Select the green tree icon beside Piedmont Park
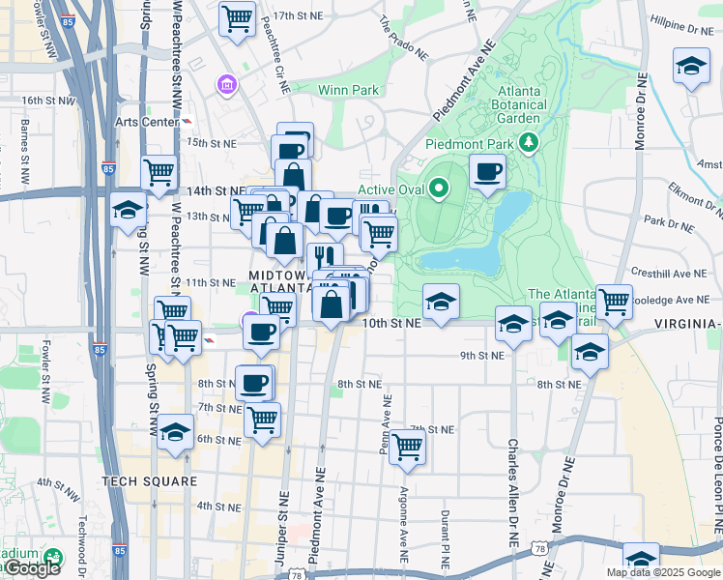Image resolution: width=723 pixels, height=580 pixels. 528,144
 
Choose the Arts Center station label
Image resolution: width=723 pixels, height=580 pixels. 147,122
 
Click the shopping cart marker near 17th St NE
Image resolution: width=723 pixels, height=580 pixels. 237,18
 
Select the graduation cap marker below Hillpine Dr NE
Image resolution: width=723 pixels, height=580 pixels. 691,67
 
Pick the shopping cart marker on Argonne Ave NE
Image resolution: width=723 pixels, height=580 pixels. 408,446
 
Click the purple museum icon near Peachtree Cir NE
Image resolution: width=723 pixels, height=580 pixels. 227,86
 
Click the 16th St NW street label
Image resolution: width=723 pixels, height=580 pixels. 48,100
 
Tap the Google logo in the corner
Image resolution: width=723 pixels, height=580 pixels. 31,568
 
